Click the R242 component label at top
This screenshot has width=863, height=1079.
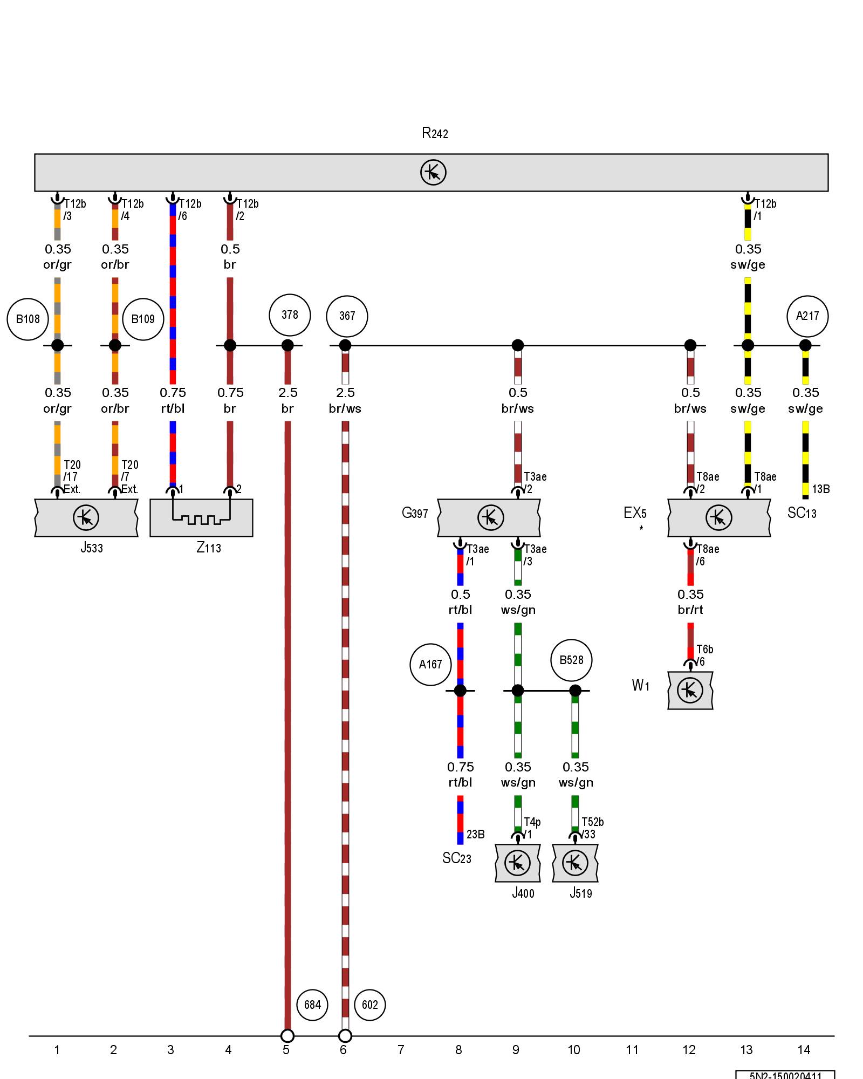[x=435, y=133]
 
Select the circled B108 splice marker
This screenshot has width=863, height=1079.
[x=28, y=319]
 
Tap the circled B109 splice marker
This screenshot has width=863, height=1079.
[x=143, y=319]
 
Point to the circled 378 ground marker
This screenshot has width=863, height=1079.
[x=290, y=315]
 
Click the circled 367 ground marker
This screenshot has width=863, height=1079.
[x=347, y=316]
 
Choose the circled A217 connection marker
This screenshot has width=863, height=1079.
[x=807, y=316]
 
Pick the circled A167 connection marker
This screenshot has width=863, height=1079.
[x=430, y=665]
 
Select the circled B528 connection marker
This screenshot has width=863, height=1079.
[x=571, y=660]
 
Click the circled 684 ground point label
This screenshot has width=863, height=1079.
[x=312, y=1005]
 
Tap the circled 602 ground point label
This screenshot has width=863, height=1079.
[x=370, y=1005]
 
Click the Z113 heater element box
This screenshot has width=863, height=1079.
[x=201, y=518]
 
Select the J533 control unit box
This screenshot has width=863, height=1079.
[x=86, y=518]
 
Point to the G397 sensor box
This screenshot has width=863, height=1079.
[x=489, y=518]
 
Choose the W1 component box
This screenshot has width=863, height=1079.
[x=690, y=691]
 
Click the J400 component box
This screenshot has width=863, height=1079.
[x=518, y=863]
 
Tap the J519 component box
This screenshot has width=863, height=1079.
[x=575, y=863]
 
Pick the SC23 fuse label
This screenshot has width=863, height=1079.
[x=457, y=858]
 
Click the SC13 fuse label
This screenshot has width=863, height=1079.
[x=802, y=513]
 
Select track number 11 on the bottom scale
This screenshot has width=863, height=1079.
[x=632, y=1050]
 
